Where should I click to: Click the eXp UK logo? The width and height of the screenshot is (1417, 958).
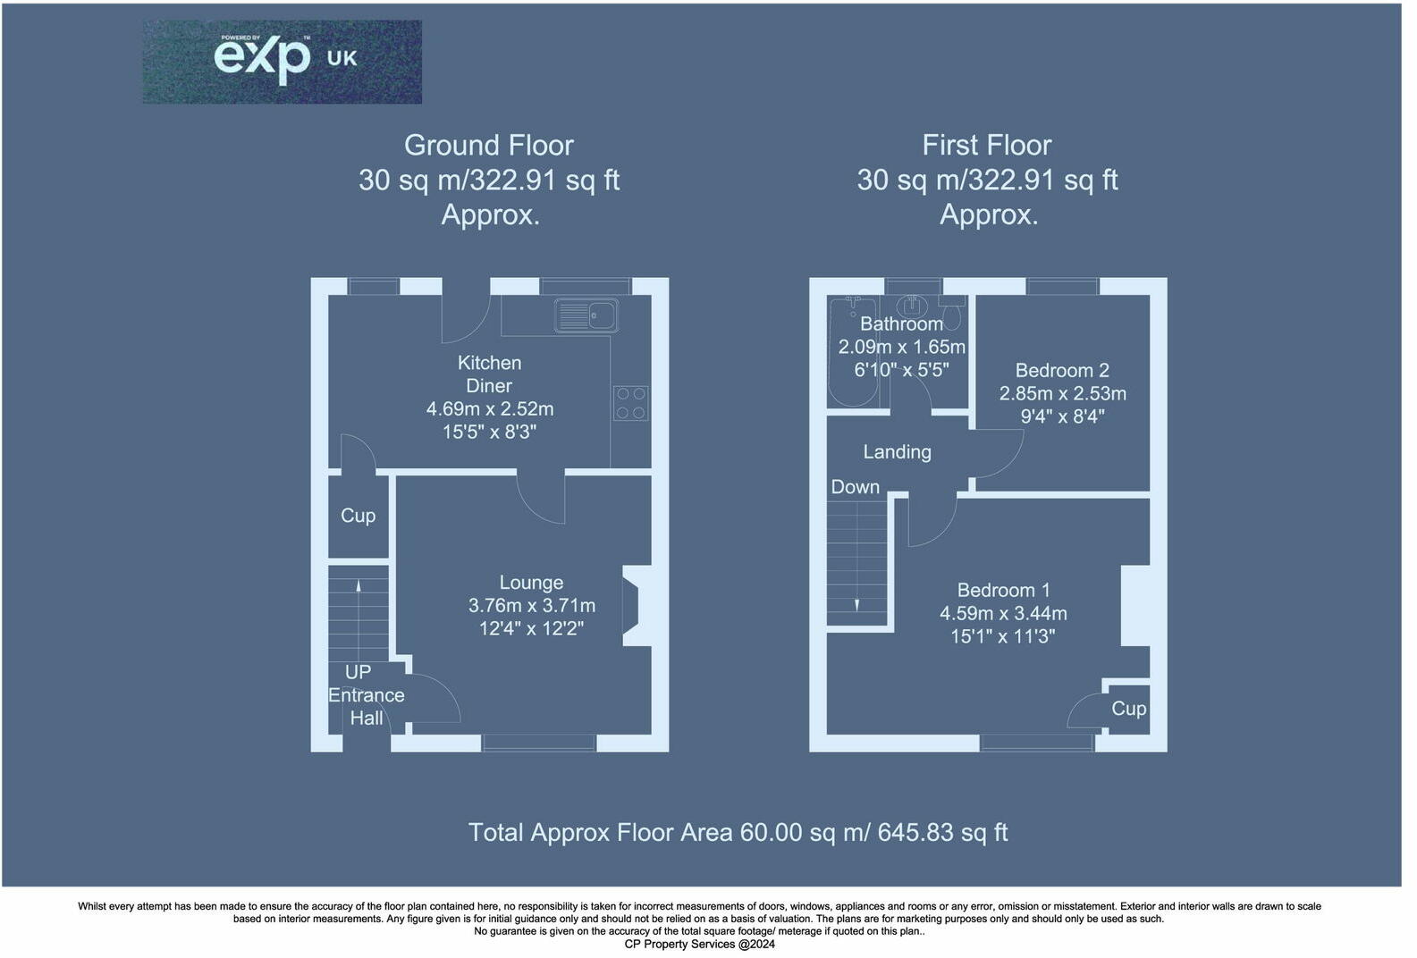point(282,61)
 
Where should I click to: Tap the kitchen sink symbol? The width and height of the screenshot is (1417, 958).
point(586,315)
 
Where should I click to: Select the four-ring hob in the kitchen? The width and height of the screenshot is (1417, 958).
point(631,403)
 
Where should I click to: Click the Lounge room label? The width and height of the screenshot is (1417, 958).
point(531,583)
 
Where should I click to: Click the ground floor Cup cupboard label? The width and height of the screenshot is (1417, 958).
point(358,516)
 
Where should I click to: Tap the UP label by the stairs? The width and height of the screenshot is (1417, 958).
point(358,672)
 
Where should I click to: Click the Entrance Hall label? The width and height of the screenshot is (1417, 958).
point(366,706)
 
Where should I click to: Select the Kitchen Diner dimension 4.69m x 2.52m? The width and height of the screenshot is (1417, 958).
point(490,409)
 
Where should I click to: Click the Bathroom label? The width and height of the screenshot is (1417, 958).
point(901,324)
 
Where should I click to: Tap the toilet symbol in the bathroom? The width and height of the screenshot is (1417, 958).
point(953,315)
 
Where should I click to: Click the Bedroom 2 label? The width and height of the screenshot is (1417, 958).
point(1062,370)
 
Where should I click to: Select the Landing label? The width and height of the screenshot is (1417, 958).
point(897,452)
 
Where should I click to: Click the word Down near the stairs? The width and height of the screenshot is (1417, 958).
point(855,487)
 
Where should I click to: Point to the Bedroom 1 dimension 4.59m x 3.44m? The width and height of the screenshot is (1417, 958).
point(1003,613)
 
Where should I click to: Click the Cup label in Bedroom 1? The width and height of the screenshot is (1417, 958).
point(1128,709)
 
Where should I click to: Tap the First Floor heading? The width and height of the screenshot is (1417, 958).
point(987,145)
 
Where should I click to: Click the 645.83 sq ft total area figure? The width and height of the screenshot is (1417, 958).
point(942,832)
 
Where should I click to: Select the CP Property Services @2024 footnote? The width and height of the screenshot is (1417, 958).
point(699,944)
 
